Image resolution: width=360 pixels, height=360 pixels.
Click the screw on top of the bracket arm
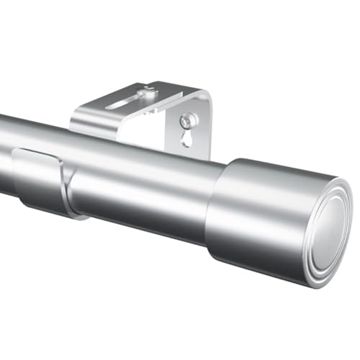point(148,91)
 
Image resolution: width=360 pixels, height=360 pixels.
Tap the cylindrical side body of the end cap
point(252,216)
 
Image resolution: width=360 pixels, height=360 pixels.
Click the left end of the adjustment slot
point(109,106)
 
